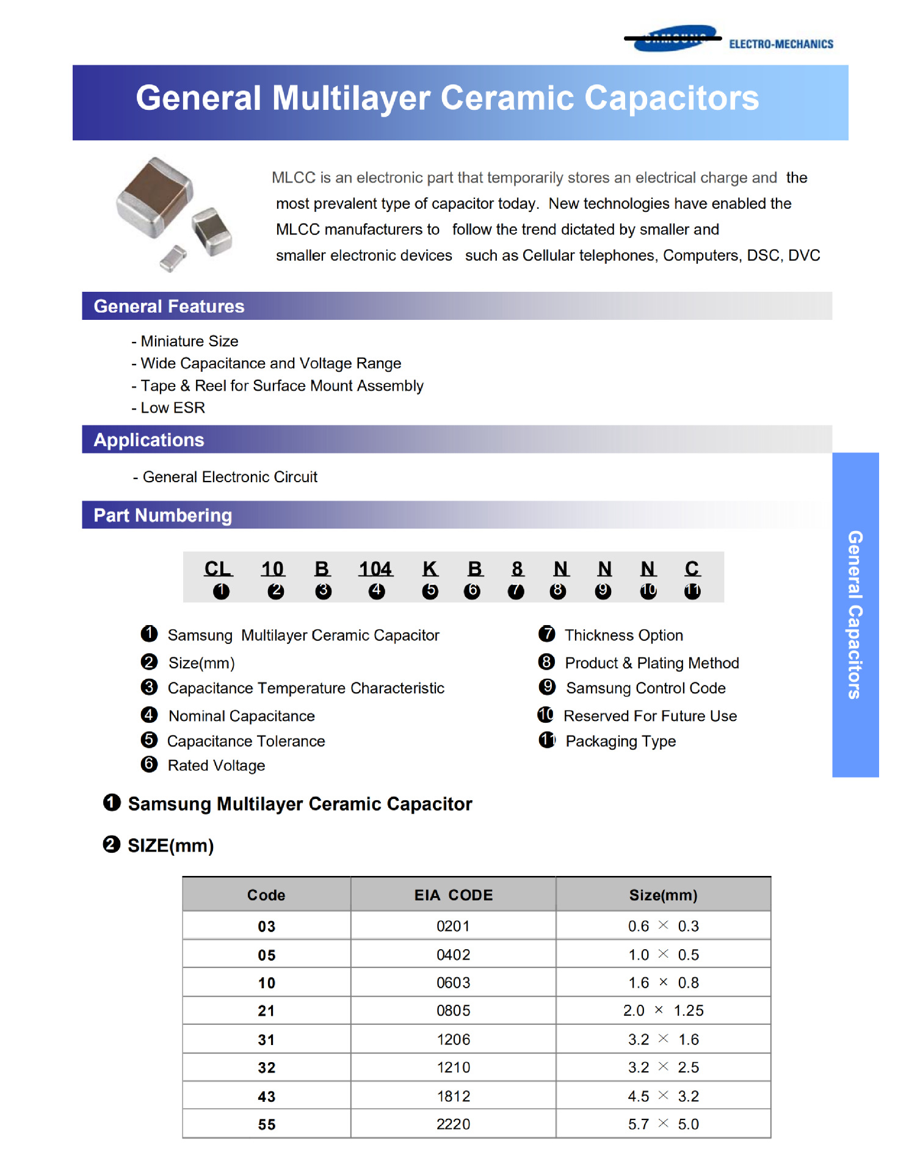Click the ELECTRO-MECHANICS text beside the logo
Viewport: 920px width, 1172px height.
coord(780,44)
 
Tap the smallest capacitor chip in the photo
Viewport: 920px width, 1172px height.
coord(173,258)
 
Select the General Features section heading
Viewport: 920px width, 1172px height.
coord(169,306)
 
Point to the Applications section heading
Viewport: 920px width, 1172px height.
coord(149,440)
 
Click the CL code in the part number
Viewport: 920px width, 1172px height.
coord(218,569)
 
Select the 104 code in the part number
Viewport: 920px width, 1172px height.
coord(375,569)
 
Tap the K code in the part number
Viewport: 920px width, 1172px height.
coord(430,569)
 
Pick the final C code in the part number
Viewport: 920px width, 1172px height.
coord(692,569)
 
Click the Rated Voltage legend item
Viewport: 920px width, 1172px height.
coord(216,765)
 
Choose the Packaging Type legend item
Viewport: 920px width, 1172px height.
coord(620,741)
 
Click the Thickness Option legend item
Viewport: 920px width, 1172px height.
coord(623,635)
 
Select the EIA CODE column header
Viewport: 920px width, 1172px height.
coord(453,895)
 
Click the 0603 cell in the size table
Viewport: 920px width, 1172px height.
coord(453,983)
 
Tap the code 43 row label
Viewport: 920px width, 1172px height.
coord(266,1097)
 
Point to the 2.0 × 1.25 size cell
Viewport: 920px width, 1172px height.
coord(663,1011)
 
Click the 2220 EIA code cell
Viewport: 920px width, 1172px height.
coord(453,1124)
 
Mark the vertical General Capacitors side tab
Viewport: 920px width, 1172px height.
coord(855,614)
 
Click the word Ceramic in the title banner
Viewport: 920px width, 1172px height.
coord(507,98)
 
